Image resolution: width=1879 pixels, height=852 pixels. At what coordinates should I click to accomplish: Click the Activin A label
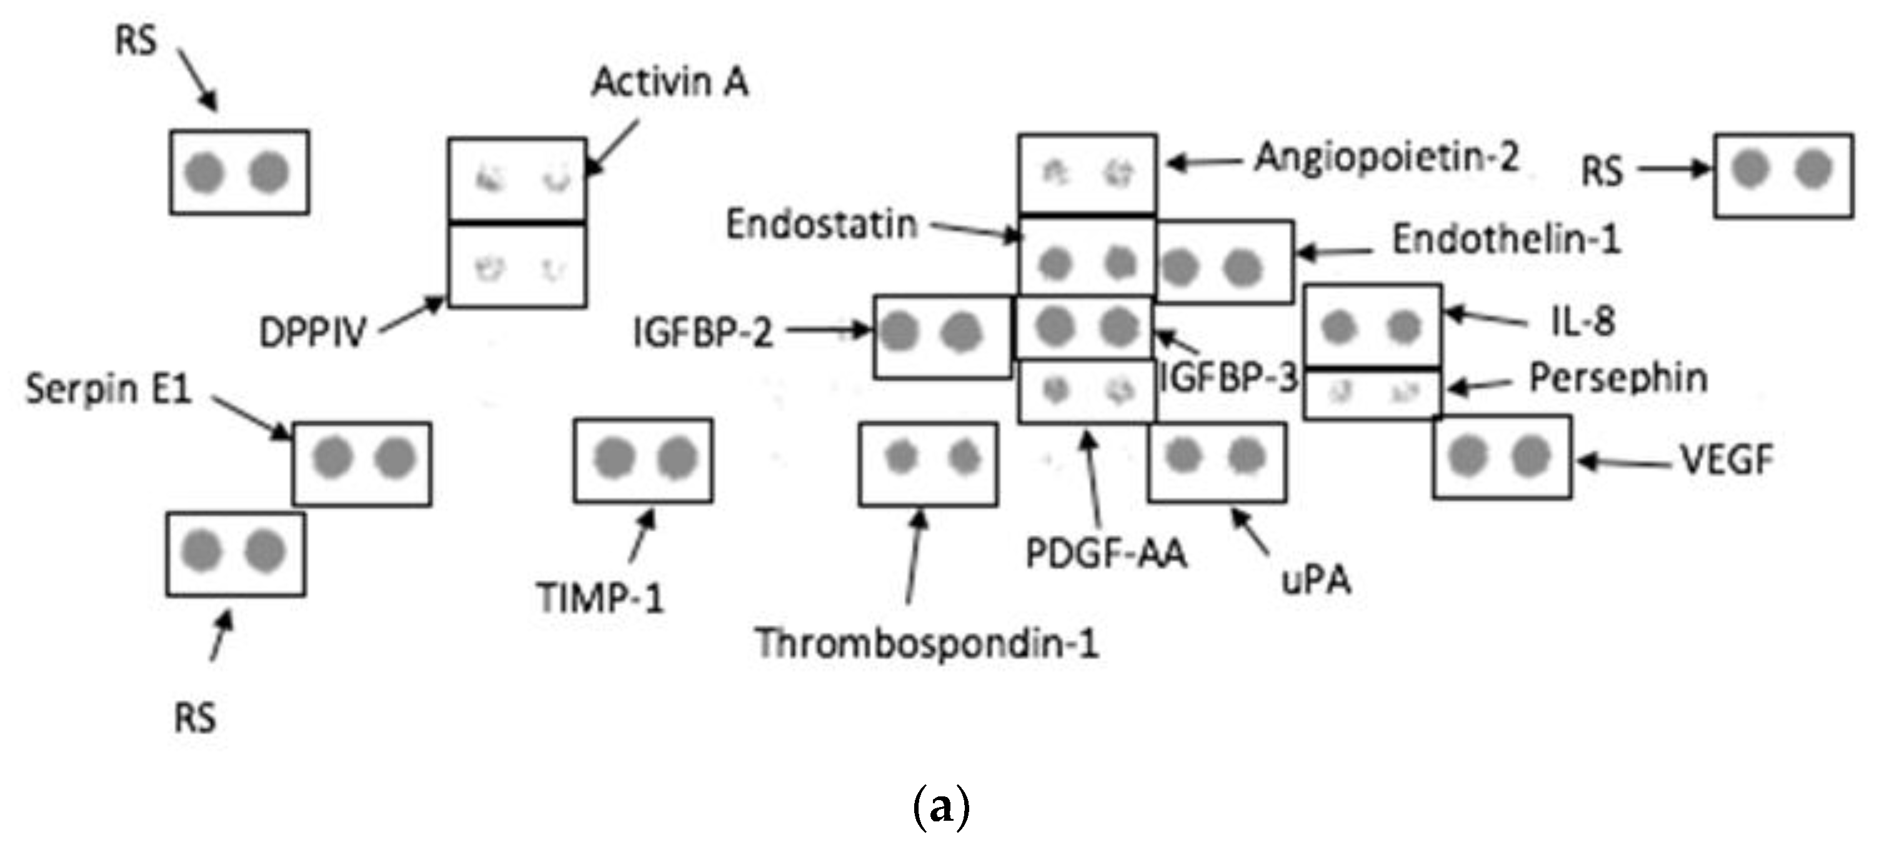[x=670, y=82]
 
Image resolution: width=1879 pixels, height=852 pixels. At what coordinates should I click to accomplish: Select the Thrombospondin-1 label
[x=926, y=643]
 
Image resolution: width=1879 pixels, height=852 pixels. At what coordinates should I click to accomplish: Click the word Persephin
[x=1618, y=378]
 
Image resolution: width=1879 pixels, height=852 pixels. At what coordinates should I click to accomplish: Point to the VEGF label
[x=1727, y=460]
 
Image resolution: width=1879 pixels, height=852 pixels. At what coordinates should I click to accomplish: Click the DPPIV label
[x=312, y=333]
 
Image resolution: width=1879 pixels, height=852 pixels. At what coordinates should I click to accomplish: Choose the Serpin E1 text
[x=108, y=389]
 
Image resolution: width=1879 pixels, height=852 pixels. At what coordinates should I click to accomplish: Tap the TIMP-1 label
[x=600, y=598]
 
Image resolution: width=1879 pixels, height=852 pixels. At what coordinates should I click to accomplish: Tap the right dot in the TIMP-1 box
[x=677, y=458]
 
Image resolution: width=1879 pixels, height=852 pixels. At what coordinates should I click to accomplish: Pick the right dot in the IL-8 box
[x=1403, y=325]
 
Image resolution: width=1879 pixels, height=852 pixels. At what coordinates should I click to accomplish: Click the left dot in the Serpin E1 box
[x=332, y=458]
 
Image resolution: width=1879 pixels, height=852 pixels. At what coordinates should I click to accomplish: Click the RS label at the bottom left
[x=195, y=718]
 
